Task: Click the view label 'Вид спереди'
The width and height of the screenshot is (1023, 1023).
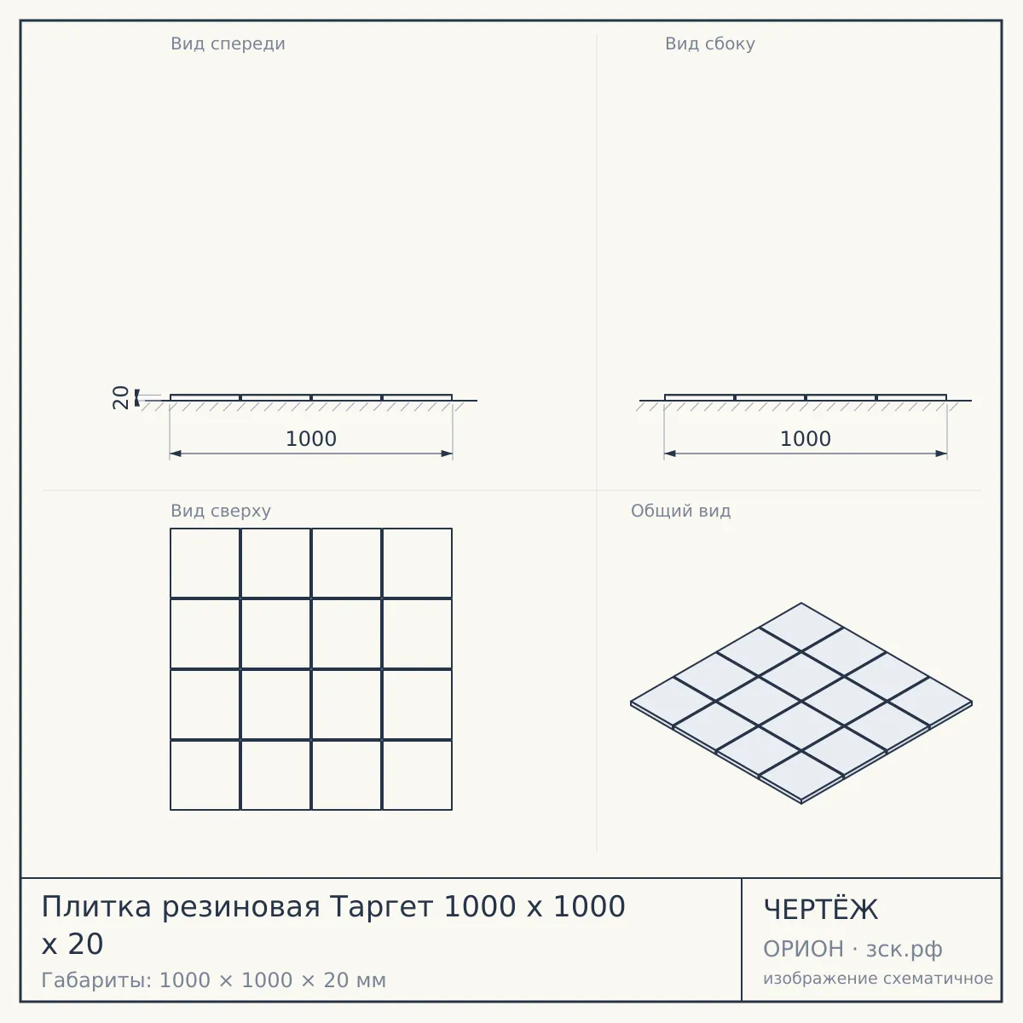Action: tap(228, 44)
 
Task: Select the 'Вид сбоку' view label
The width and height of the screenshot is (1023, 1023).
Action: tap(710, 44)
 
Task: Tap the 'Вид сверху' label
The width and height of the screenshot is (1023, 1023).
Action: tap(221, 511)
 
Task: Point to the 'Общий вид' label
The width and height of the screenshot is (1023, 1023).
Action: tap(680, 511)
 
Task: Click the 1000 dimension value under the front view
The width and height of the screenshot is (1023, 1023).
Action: tap(311, 439)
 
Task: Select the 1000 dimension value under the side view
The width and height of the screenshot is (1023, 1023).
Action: tap(806, 439)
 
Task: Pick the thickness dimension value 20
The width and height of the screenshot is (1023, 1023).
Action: tap(121, 397)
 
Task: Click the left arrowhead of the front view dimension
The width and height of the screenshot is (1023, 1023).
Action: tap(176, 454)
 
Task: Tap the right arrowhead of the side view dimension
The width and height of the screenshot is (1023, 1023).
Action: tap(940, 454)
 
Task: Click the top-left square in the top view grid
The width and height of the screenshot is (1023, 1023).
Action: tap(205, 563)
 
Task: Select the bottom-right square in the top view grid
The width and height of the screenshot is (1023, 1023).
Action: tap(417, 775)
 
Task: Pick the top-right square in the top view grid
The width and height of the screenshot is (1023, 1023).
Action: tap(417, 563)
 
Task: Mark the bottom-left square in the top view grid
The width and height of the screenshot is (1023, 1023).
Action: tap(205, 775)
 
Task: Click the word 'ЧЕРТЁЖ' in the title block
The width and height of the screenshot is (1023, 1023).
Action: tap(821, 910)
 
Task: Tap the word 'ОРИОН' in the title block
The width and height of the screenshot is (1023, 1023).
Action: tap(803, 949)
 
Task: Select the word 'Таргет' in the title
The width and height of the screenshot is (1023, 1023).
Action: tap(381, 908)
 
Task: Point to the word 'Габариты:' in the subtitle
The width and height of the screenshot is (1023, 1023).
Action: tap(96, 980)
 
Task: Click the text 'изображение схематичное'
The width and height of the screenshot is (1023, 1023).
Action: tap(878, 978)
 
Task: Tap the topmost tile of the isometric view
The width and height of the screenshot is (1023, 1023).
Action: tap(801, 627)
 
